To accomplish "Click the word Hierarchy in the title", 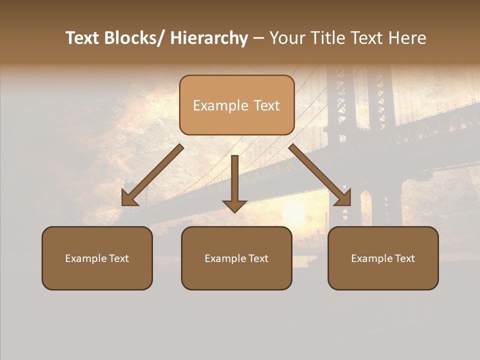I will (x=209, y=38).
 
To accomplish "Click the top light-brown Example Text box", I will (x=236, y=105).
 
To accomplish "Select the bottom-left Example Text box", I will (x=97, y=258).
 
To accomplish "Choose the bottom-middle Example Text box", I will (x=236, y=258).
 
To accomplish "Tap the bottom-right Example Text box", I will (x=383, y=258).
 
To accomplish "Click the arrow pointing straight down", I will (x=234, y=180).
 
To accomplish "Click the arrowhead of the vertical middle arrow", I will (x=234, y=205).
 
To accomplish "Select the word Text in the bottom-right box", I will (x=404, y=258).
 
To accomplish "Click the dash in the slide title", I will (x=258, y=38).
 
